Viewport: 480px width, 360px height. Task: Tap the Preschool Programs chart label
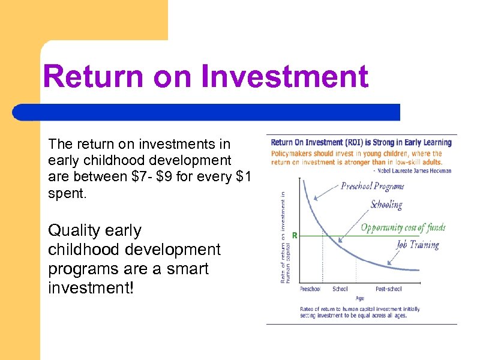point(373,186)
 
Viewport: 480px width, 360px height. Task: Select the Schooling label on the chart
point(386,205)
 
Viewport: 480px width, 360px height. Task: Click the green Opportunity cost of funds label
point(403,228)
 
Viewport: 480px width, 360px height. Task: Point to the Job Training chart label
point(418,245)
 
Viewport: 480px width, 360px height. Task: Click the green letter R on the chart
point(295,236)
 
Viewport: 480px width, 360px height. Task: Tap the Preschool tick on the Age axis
point(310,289)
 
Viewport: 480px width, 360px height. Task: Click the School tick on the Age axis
point(340,289)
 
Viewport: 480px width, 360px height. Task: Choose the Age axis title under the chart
point(359,298)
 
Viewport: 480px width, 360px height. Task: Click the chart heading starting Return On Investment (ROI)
point(361,143)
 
